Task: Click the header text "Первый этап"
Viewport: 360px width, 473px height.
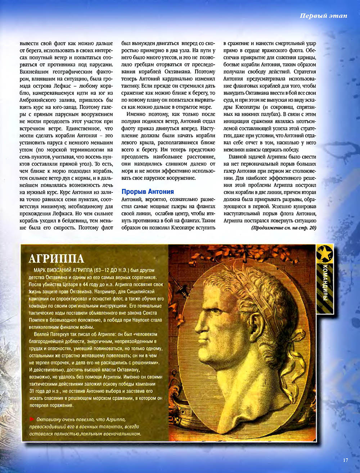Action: (x=324, y=15)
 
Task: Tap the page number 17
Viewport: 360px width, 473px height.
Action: (x=346, y=460)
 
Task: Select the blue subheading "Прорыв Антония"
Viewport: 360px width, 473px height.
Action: (x=148, y=192)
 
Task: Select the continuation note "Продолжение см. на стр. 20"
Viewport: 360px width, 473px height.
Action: (x=283, y=228)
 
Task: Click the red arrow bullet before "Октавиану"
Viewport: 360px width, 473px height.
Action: (x=31, y=419)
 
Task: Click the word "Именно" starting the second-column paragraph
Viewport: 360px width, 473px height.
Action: (x=136, y=114)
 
